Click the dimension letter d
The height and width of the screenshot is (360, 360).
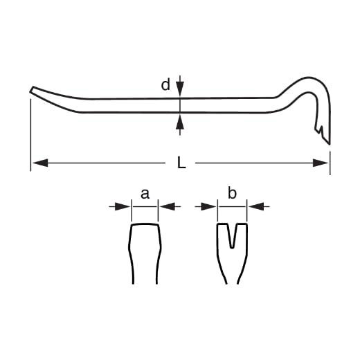click(165, 84)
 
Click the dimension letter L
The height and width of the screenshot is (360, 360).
click(181, 162)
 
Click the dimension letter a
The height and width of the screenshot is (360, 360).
click(145, 194)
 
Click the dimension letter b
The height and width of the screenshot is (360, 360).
click(232, 192)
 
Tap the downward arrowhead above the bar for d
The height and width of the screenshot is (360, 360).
click(180, 89)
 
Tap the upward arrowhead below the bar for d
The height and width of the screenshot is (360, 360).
click(180, 121)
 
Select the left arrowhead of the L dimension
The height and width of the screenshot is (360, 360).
click(41, 163)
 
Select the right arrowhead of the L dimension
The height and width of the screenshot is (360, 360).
click(321, 163)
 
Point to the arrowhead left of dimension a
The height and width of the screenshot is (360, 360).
click(123, 206)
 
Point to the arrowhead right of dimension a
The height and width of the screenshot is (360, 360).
click(168, 206)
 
